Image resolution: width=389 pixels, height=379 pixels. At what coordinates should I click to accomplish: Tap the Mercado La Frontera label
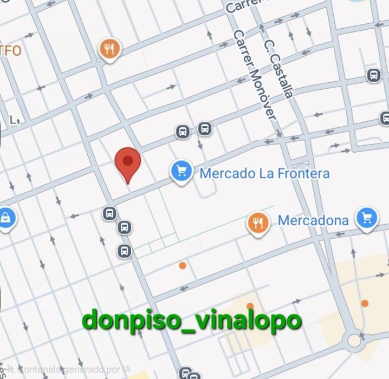tap(264, 174)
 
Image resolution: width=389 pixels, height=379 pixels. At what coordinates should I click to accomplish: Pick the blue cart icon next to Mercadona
tap(367, 218)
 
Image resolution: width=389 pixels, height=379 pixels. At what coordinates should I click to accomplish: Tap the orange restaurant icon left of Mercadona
tap(258, 223)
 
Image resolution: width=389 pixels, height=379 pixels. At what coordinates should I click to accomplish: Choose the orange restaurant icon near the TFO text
tap(110, 50)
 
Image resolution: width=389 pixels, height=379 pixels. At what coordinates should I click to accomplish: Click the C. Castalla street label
tap(280, 67)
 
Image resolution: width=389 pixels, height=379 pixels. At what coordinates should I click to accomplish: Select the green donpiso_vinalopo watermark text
tap(192, 321)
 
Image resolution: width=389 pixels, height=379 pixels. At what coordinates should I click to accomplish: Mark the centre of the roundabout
tap(355, 341)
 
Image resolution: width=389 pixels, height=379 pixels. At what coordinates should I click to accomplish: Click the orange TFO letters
tap(11, 51)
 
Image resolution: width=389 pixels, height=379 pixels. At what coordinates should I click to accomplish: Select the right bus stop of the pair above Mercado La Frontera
tap(204, 129)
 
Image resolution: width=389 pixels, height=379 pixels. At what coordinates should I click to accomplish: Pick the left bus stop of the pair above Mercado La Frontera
tap(183, 132)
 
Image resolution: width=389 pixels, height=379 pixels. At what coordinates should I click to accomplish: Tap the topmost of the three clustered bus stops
tap(109, 213)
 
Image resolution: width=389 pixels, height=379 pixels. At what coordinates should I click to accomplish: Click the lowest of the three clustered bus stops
tap(125, 251)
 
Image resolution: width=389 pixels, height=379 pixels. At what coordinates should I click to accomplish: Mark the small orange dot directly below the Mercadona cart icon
tap(365, 303)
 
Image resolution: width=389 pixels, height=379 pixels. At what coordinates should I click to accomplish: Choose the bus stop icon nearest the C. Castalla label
tap(373, 75)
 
